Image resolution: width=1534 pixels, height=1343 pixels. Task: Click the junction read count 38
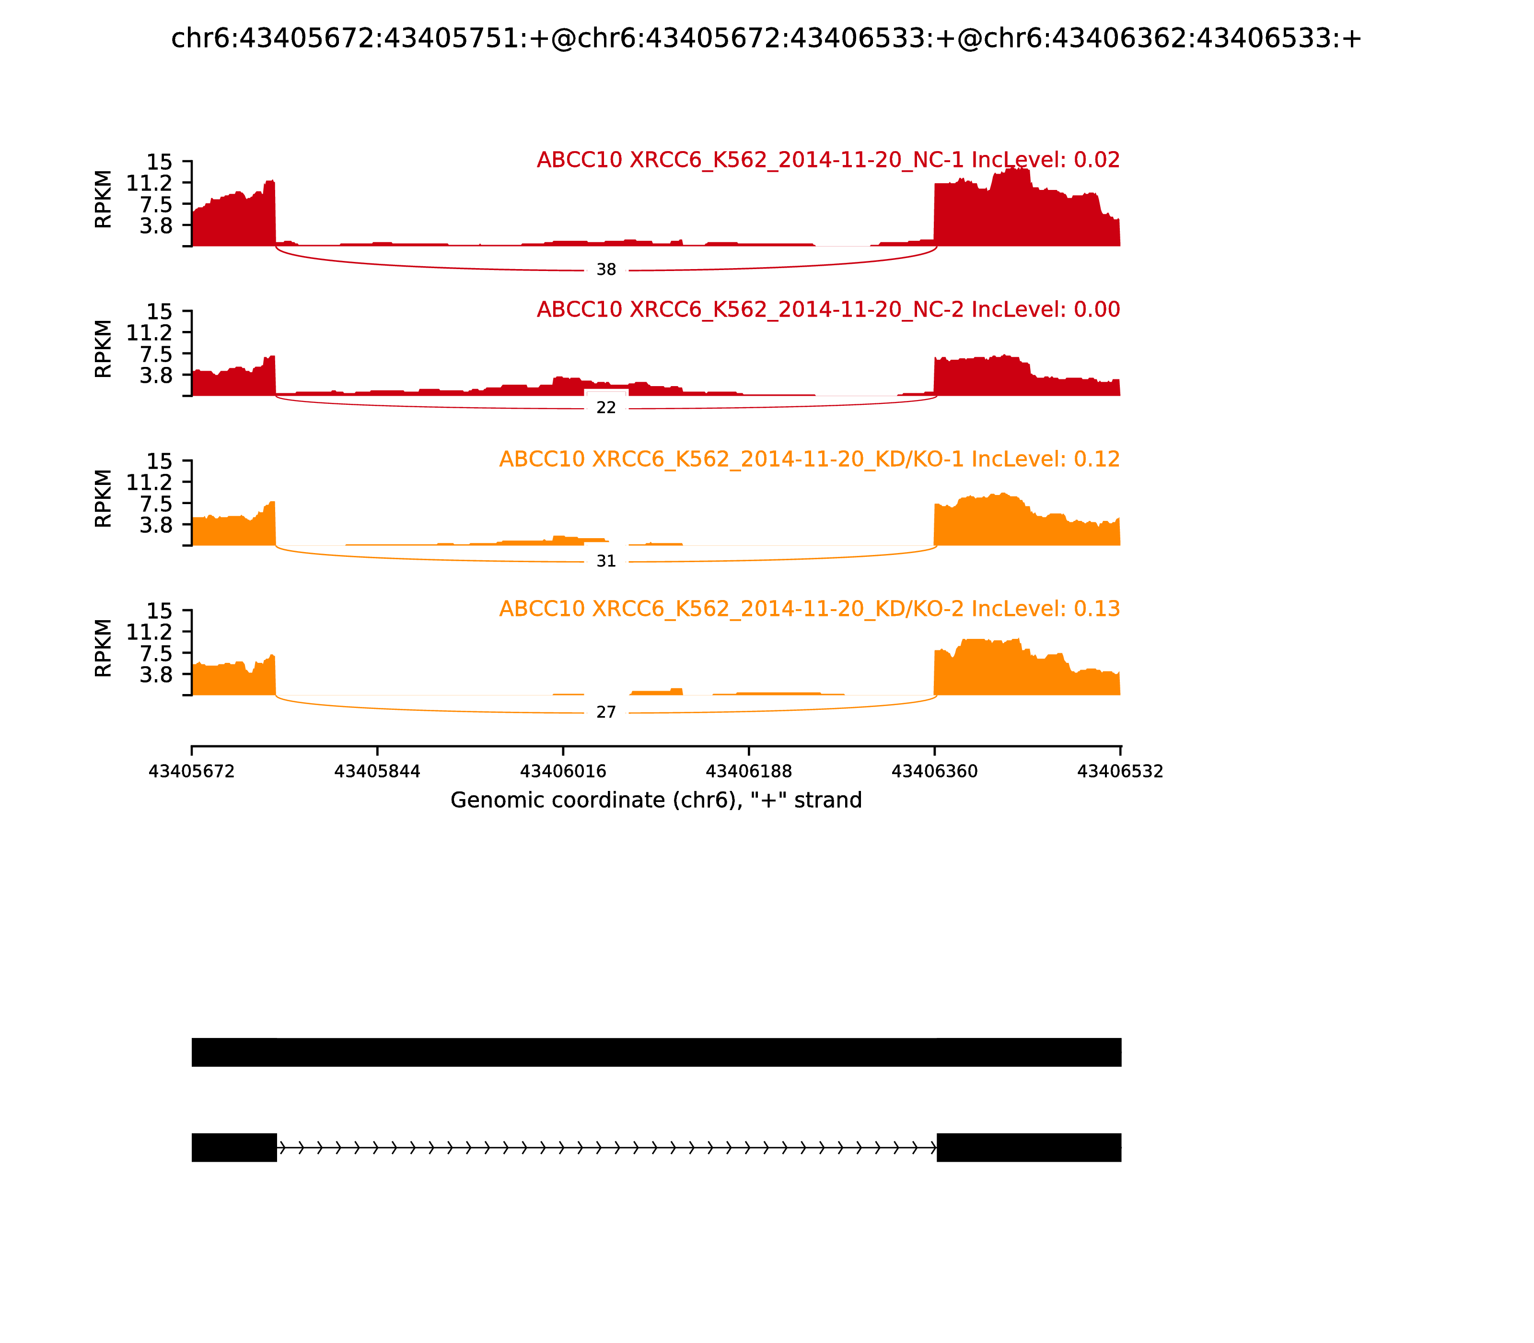point(606,270)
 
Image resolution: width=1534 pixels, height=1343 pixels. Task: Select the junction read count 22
point(606,408)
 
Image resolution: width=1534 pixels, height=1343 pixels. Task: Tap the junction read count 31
point(606,561)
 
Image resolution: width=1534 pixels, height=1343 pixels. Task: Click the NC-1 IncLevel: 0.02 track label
point(828,160)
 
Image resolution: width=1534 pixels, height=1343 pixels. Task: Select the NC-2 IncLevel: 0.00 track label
point(828,309)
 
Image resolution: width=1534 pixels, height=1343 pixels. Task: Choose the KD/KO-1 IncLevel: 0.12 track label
point(809,459)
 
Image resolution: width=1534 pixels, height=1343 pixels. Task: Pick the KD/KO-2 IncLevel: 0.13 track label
point(809,609)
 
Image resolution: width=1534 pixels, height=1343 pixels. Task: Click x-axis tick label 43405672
point(192,772)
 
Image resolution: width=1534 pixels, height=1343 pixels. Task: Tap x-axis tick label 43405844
point(378,772)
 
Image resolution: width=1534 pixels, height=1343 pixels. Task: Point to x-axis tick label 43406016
point(563,772)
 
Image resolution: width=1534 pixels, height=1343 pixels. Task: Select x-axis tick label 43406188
point(749,772)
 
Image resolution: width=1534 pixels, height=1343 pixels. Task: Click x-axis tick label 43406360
point(935,772)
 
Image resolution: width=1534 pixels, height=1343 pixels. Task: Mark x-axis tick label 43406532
point(1120,772)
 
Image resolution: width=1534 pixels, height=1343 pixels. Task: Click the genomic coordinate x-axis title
point(656,801)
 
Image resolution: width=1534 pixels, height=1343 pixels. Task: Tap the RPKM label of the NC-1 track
point(104,200)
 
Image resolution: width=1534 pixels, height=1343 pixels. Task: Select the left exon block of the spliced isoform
point(234,1147)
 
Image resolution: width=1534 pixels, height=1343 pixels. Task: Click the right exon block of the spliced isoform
point(1028,1147)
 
